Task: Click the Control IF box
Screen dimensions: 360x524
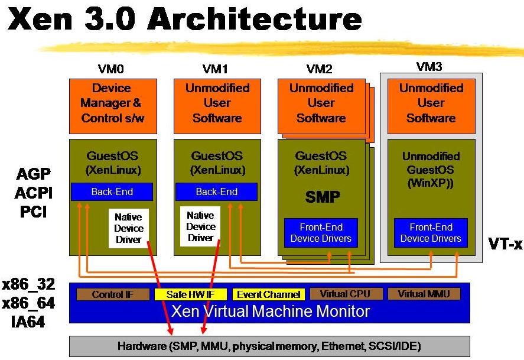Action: (109, 294)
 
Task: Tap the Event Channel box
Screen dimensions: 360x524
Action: (268, 294)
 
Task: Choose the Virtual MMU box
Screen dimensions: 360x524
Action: (424, 294)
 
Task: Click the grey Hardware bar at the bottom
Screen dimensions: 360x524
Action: (269, 346)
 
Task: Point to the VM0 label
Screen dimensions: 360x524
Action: (112, 69)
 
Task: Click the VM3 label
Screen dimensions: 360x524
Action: (429, 67)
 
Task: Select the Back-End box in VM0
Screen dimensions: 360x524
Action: (112, 192)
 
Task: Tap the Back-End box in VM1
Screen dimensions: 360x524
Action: (216, 192)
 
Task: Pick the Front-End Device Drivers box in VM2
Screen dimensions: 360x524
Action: (321, 233)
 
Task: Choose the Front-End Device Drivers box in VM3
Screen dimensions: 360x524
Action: (431, 233)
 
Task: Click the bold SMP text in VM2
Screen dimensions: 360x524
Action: (323, 197)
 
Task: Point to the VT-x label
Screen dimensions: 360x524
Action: (505, 242)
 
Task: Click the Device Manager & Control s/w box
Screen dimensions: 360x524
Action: (113, 103)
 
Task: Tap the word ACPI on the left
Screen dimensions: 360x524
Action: (34, 192)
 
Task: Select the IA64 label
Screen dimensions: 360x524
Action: (28, 322)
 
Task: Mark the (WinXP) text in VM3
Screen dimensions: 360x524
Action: (431, 184)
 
